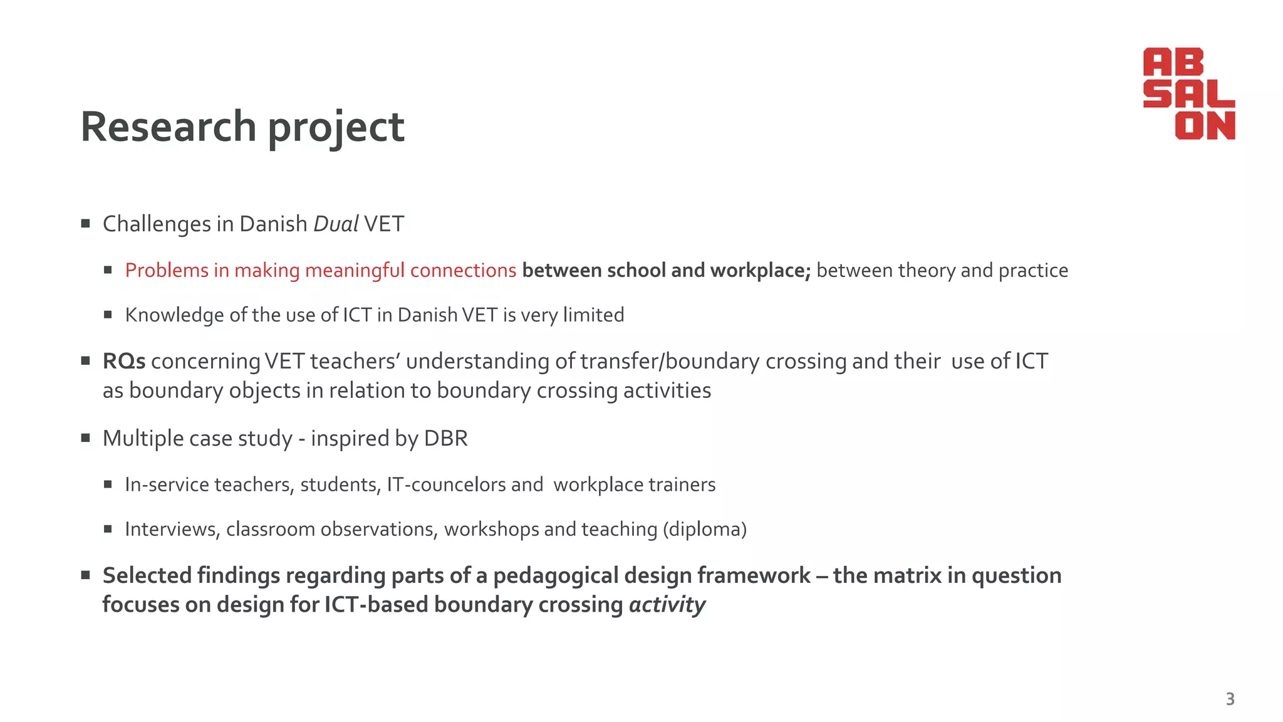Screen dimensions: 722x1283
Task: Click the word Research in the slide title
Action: pos(169,127)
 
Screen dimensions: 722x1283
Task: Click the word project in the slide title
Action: pos(336,128)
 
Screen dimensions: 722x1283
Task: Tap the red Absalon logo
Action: pos(1188,93)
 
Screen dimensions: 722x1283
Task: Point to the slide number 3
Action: pos(1230,699)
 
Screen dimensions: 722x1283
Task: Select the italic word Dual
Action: pos(335,224)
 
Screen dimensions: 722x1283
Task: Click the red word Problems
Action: pos(167,270)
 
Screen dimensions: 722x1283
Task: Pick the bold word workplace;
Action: pos(761,270)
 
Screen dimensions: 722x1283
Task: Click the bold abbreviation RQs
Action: pos(124,361)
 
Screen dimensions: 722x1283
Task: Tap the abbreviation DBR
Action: pos(445,438)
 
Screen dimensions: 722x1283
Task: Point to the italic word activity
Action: pos(667,605)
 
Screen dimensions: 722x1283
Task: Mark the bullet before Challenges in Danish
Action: pos(86,223)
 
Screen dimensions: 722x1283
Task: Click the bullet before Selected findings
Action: pos(86,575)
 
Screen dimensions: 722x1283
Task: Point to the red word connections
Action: pos(463,270)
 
